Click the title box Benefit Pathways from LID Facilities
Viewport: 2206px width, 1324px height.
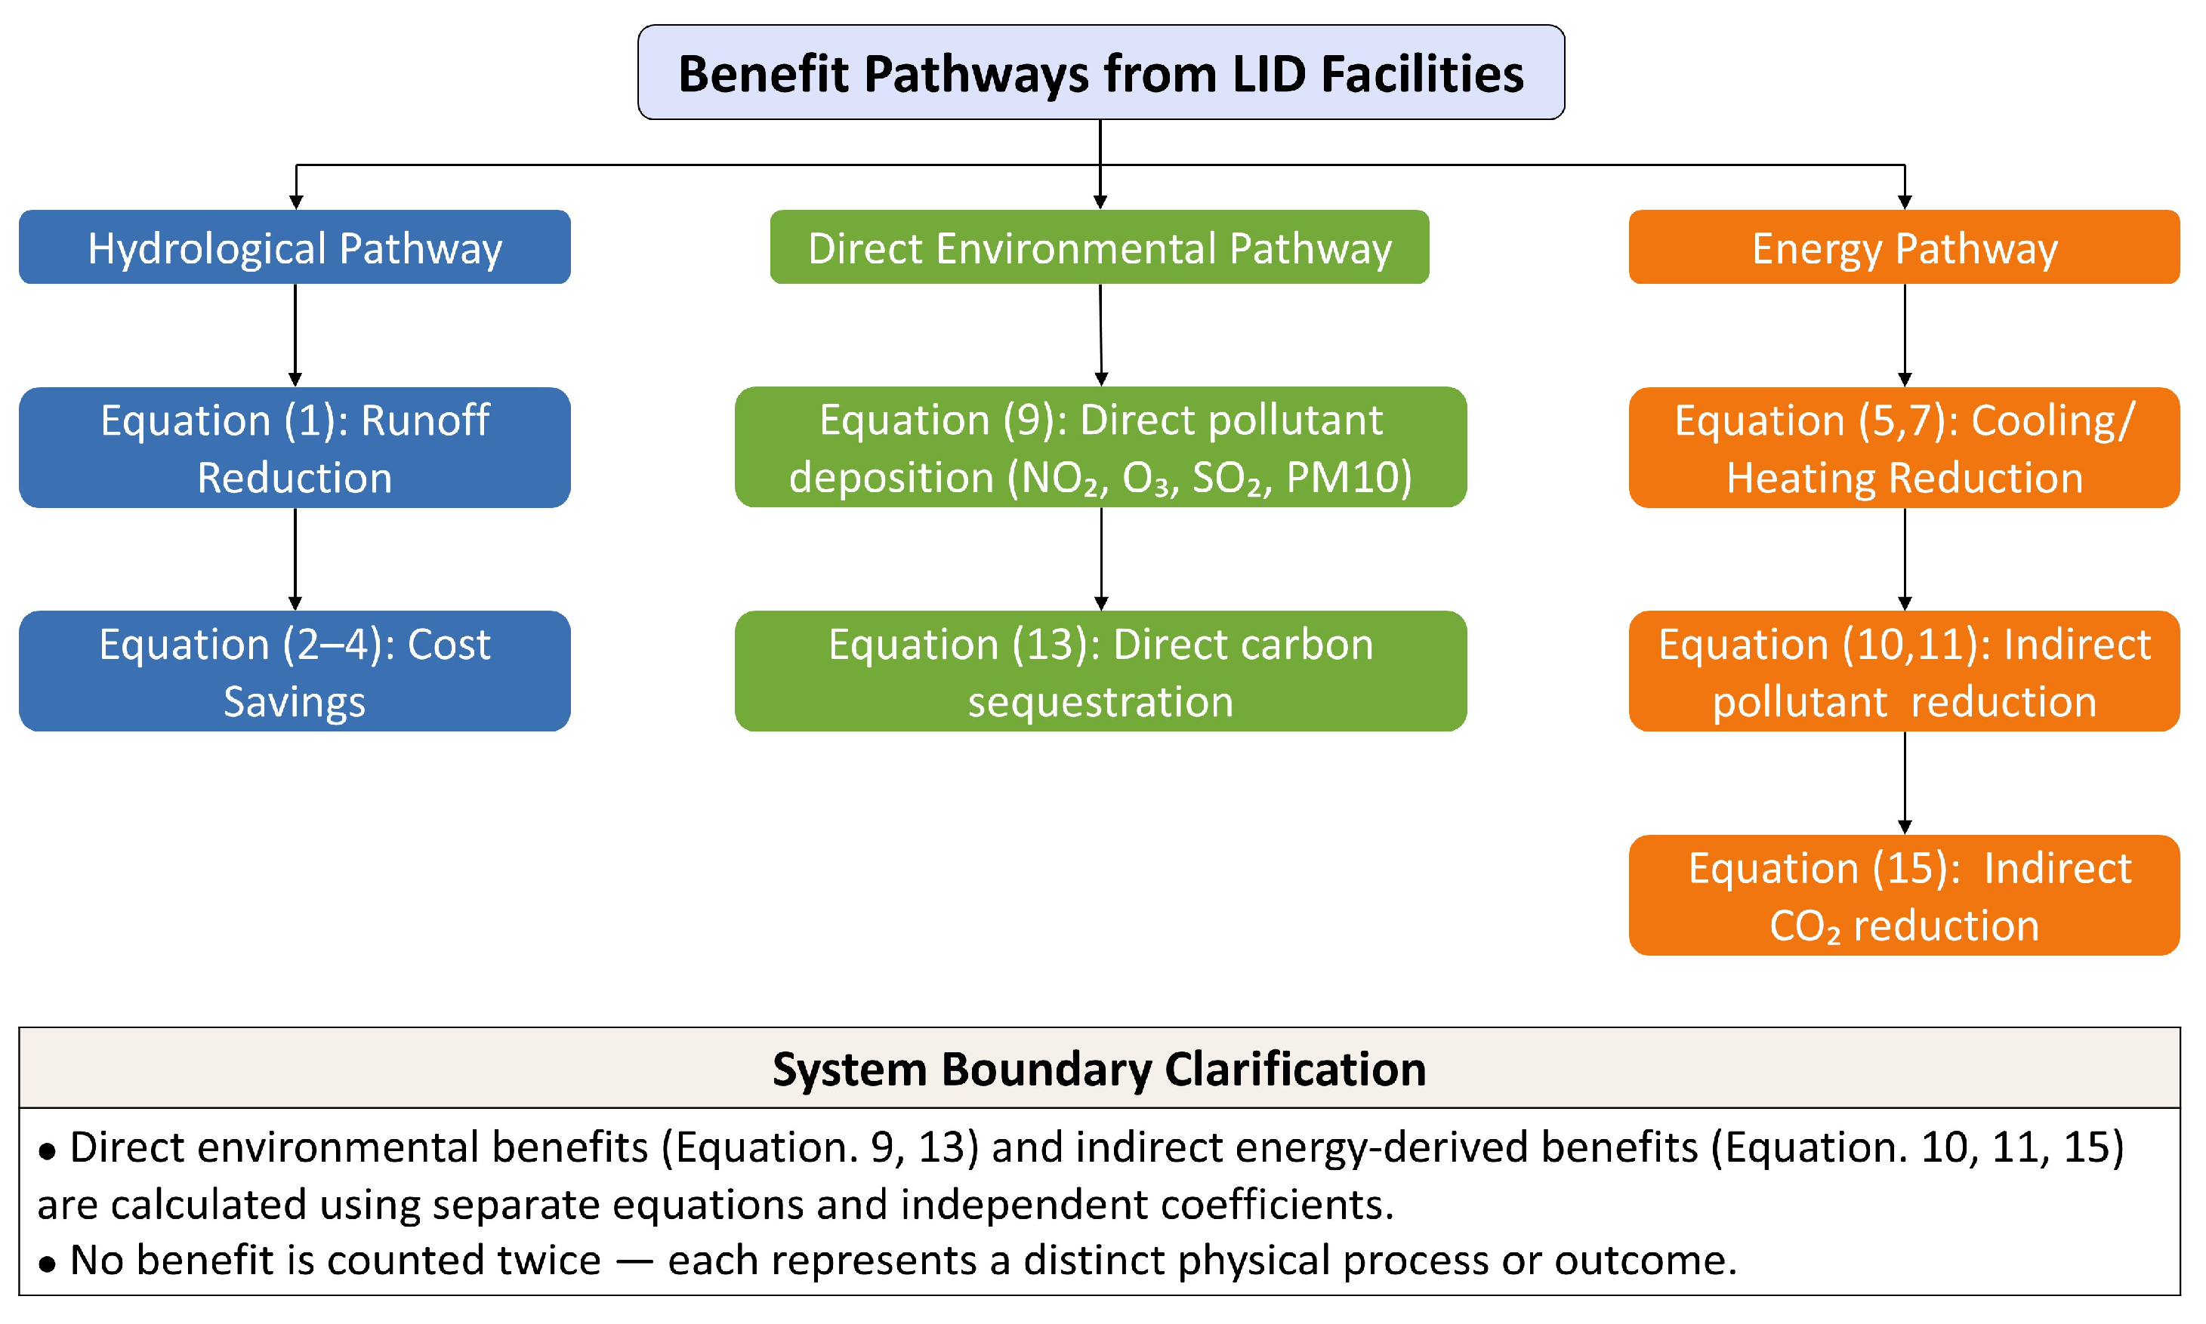[x=1100, y=72]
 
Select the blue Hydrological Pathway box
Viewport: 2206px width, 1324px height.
[x=295, y=247]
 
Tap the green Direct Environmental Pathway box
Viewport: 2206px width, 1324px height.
[x=1100, y=247]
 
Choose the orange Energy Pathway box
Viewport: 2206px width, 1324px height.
[x=1905, y=247]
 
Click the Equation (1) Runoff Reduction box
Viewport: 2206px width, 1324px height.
[x=295, y=448]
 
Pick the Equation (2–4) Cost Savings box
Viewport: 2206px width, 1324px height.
[x=295, y=671]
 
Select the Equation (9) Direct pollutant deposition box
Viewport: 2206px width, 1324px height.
[x=1100, y=447]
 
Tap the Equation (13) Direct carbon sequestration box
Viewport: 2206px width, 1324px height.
[x=1100, y=671]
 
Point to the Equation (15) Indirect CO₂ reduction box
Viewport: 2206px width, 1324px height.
[x=1905, y=894]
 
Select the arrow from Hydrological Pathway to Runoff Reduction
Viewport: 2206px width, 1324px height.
[x=295, y=335]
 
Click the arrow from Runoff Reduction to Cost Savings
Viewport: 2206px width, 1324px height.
[x=295, y=559]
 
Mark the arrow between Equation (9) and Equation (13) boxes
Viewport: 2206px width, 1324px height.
[x=1101, y=559]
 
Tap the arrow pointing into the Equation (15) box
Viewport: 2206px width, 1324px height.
[x=1905, y=784]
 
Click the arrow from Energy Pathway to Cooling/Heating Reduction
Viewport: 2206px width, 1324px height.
[x=1905, y=335]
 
